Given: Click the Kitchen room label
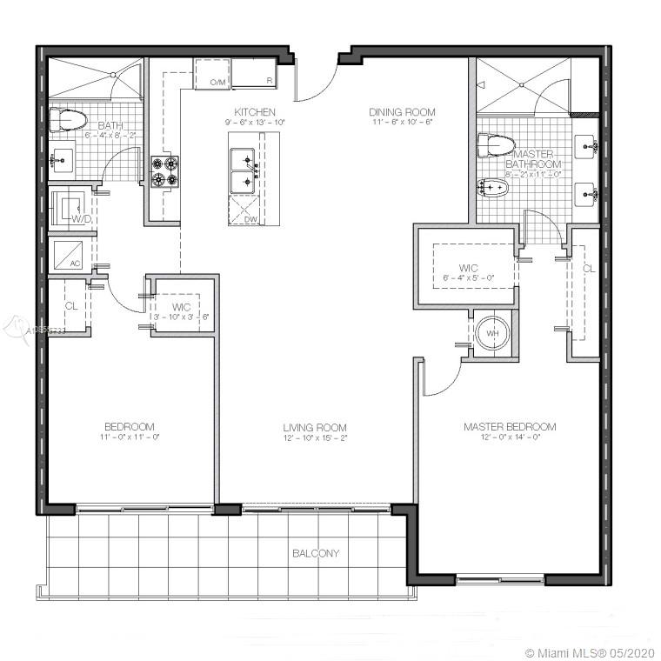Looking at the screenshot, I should pos(255,112).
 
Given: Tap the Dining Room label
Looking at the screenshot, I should pos(401,112).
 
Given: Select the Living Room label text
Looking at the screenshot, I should pos(314,428).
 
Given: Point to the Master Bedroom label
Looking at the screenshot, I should pos(510,427).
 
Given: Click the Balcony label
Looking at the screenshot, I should pos(316,553).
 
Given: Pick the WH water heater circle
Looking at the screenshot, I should pos(492,333).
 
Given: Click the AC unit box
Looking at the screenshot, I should pos(68,254).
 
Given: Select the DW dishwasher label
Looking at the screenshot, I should pos(250,218).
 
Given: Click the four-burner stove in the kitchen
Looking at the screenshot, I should pos(164,171).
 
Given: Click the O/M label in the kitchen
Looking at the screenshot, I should pos(217,82).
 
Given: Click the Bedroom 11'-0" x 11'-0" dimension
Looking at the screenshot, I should pos(130,437).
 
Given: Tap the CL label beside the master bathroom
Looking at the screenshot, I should pos(589,269).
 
